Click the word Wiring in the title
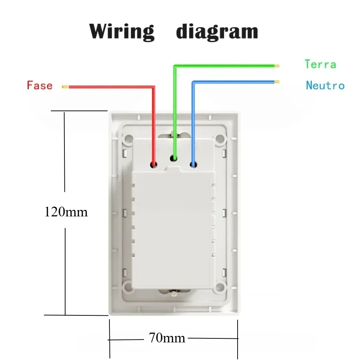point(122,32)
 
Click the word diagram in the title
point(217,32)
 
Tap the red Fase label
point(40,85)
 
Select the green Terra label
point(320,64)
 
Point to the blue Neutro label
point(325,85)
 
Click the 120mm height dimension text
point(66,212)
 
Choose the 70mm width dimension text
point(167,338)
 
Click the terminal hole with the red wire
point(154,165)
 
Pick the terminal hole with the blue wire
point(193,165)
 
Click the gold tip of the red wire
point(65,87)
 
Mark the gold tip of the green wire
point(277,66)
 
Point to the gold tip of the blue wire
point(277,82)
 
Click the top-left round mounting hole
point(129,138)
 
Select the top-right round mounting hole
point(220,138)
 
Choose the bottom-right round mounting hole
point(220,287)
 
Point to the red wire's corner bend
point(154,87)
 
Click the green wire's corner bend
point(175,66)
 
